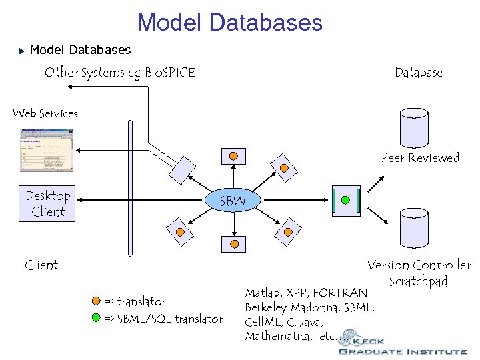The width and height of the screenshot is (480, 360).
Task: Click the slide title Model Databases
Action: [229, 22]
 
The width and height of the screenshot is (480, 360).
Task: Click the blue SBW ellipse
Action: [233, 200]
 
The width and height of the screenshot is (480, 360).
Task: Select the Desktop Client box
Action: [48, 203]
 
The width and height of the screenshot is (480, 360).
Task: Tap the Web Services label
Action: [45, 113]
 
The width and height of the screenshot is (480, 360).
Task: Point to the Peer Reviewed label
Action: [420, 158]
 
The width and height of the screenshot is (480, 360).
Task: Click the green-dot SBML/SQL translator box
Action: [345, 200]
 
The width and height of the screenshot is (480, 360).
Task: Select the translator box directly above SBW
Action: [233, 156]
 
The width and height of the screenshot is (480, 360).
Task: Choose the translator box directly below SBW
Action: [233, 244]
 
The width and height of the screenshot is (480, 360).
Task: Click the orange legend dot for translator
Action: [97, 301]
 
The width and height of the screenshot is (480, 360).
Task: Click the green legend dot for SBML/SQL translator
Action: [97, 319]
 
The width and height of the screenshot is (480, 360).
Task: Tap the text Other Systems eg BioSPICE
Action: [119, 73]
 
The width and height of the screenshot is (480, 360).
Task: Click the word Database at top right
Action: [418, 73]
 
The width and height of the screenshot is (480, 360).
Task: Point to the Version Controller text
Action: [419, 265]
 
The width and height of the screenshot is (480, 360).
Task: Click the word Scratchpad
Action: [418, 281]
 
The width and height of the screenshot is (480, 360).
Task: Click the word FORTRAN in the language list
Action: [339, 293]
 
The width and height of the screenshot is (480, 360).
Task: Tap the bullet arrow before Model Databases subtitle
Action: [21, 51]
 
